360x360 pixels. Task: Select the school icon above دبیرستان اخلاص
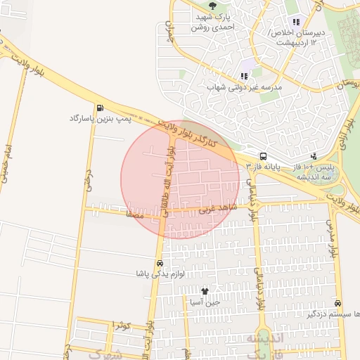(295, 21)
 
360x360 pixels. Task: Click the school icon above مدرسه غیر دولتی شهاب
(244, 75)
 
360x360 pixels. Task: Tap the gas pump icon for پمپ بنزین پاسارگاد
(101, 108)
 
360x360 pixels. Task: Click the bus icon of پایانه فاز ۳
(263, 156)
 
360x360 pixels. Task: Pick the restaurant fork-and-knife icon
(313, 156)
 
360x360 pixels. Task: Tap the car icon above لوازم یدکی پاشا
(162, 263)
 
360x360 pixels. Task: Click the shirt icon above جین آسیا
(205, 291)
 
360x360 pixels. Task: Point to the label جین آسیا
(205, 302)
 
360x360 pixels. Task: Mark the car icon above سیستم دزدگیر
(338, 304)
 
